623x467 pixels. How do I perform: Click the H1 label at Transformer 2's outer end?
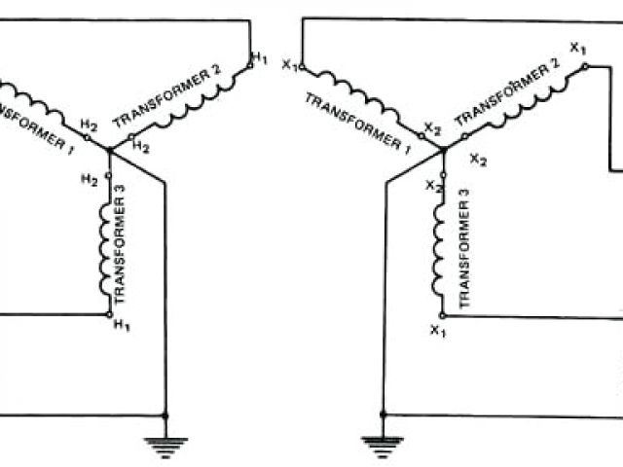click(x=259, y=59)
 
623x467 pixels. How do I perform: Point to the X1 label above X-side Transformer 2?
click(x=577, y=48)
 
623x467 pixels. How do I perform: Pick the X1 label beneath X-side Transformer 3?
click(x=437, y=331)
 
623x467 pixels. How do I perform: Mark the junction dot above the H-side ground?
click(x=166, y=415)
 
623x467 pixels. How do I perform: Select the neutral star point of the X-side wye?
click(x=442, y=151)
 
